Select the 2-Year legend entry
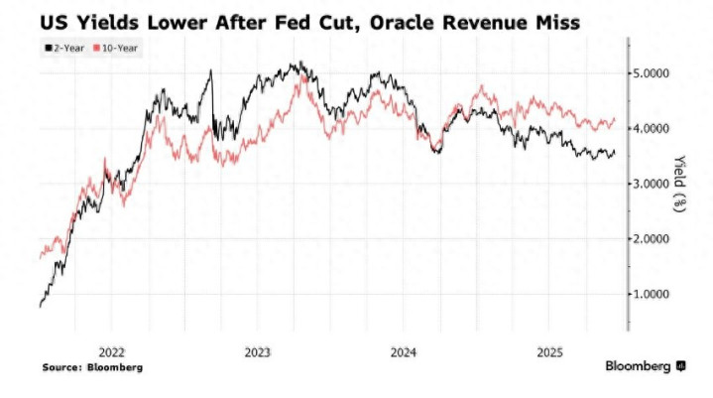pyautogui.click(x=62, y=47)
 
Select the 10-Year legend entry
pyautogui.click(x=117, y=47)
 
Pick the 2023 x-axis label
pyautogui.click(x=257, y=351)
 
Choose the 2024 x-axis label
pyautogui.click(x=404, y=351)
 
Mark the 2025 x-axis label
pyautogui.click(x=550, y=351)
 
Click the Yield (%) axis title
pyautogui.click(x=681, y=184)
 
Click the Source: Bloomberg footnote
pyautogui.click(x=92, y=367)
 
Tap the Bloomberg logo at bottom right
pyautogui.click(x=646, y=366)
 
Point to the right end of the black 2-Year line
pyautogui.click(x=616, y=152)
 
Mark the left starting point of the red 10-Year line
pyautogui.click(x=40, y=257)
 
